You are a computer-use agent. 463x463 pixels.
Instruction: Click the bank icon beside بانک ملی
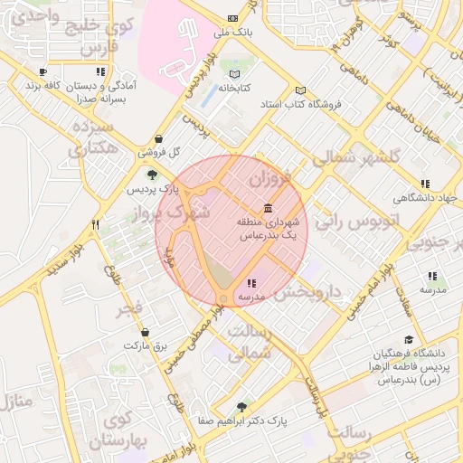click(234, 18)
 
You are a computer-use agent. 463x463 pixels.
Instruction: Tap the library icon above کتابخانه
click(235, 73)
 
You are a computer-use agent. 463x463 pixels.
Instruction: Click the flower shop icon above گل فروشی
click(160, 138)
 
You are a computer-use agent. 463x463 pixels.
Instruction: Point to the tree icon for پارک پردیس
click(151, 174)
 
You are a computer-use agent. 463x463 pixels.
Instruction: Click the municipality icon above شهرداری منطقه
click(268, 207)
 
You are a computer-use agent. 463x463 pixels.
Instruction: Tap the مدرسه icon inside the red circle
click(250, 284)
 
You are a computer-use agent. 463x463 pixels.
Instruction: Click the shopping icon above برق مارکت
click(134, 332)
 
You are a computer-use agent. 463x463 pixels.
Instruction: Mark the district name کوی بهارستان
click(123, 432)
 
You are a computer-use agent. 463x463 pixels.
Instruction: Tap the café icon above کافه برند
click(43, 71)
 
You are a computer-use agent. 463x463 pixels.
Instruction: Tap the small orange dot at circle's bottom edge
click(223, 298)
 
